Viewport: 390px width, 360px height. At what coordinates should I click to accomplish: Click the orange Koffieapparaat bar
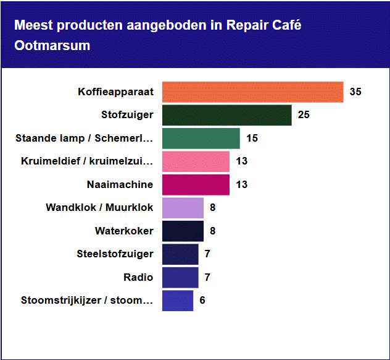[252, 92]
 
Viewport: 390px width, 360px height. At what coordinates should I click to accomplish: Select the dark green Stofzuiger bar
[226, 115]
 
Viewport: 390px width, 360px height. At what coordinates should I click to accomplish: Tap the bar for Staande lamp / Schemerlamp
[201, 138]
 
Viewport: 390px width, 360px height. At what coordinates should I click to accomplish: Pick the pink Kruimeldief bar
[196, 161]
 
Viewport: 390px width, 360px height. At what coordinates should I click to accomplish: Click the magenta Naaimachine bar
[196, 184]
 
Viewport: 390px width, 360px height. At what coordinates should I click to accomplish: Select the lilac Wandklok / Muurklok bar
[183, 208]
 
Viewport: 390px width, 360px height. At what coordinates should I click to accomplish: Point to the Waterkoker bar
[183, 231]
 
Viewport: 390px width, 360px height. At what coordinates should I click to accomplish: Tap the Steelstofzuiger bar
[180, 254]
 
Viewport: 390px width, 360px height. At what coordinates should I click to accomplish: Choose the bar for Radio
[180, 277]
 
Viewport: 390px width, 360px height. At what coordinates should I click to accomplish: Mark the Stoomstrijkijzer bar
[178, 301]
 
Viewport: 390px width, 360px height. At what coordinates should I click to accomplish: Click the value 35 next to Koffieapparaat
[355, 92]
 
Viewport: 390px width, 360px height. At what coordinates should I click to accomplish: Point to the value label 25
[304, 115]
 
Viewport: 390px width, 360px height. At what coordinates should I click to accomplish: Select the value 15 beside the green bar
[252, 139]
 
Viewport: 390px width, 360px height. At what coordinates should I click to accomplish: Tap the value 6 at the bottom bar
[202, 301]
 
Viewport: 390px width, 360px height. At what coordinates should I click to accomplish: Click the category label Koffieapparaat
[115, 92]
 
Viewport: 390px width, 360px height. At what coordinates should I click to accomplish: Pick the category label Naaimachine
[120, 184]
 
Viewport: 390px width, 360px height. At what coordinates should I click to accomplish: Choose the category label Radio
[139, 277]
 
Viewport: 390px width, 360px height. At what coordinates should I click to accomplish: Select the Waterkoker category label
[124, 231]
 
